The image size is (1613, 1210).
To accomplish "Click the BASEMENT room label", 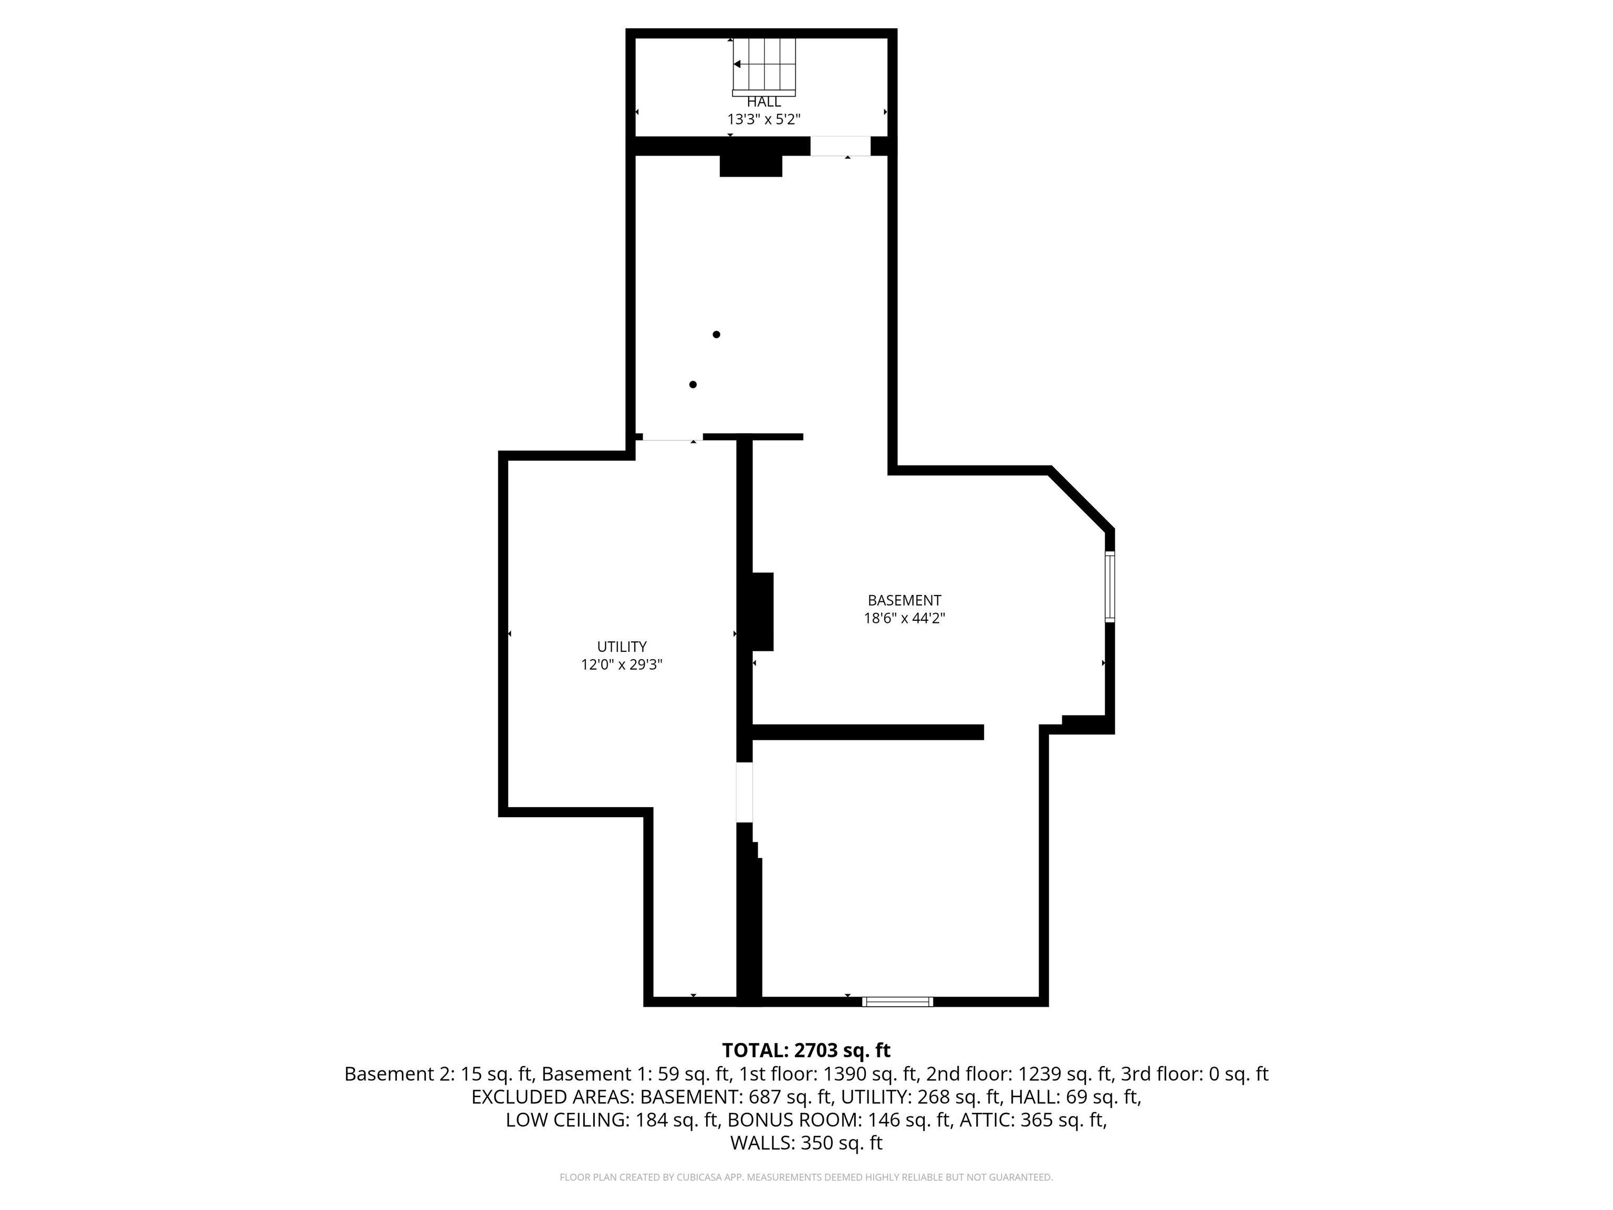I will pos(904,600).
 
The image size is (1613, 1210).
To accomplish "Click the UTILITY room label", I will pos(621,646).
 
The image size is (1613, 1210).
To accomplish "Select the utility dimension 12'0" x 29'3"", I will pos(621,664).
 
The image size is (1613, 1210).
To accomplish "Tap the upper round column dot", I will pos(717,335).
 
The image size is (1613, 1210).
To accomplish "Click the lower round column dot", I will pos(693,384).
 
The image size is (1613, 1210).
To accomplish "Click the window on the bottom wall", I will pos(897,1002).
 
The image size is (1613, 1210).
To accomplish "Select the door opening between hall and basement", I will pos(840,146).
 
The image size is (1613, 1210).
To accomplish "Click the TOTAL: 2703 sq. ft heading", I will pos(806,1050).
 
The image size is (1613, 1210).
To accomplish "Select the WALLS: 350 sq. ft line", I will pos(806,1143).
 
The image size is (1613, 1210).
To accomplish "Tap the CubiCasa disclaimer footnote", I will pos(806,1177).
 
